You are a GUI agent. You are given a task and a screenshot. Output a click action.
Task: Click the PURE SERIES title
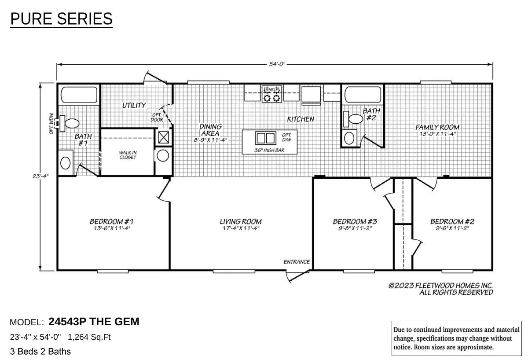(x=61, y=19)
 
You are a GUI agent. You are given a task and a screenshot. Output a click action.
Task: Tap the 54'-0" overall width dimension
(x=277, y=64)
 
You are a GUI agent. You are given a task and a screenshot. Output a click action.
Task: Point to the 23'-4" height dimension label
(x=40, y=176)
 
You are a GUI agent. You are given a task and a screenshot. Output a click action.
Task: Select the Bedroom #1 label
(x=112, y=224)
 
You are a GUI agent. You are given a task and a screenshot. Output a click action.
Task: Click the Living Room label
(x=240, y=224)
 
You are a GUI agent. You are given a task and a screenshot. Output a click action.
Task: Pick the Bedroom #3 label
(x=355, y=224)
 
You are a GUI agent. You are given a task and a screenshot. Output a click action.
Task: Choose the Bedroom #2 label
(x=452, y=224)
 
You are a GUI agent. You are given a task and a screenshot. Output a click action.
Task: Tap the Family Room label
(x=437, y=130)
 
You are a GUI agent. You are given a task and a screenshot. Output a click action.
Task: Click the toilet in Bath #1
(x=70, y=123)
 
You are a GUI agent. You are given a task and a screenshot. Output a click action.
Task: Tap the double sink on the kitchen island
(x=266, y=138)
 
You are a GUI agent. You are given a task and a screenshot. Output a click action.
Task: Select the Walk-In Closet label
(x=128, y=155)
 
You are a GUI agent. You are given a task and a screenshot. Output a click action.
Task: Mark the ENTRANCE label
(x=297, y=261)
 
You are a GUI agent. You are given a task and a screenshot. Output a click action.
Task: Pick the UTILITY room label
(x=134, y=105)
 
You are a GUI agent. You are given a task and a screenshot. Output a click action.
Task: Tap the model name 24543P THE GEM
(x=94, y=322)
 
